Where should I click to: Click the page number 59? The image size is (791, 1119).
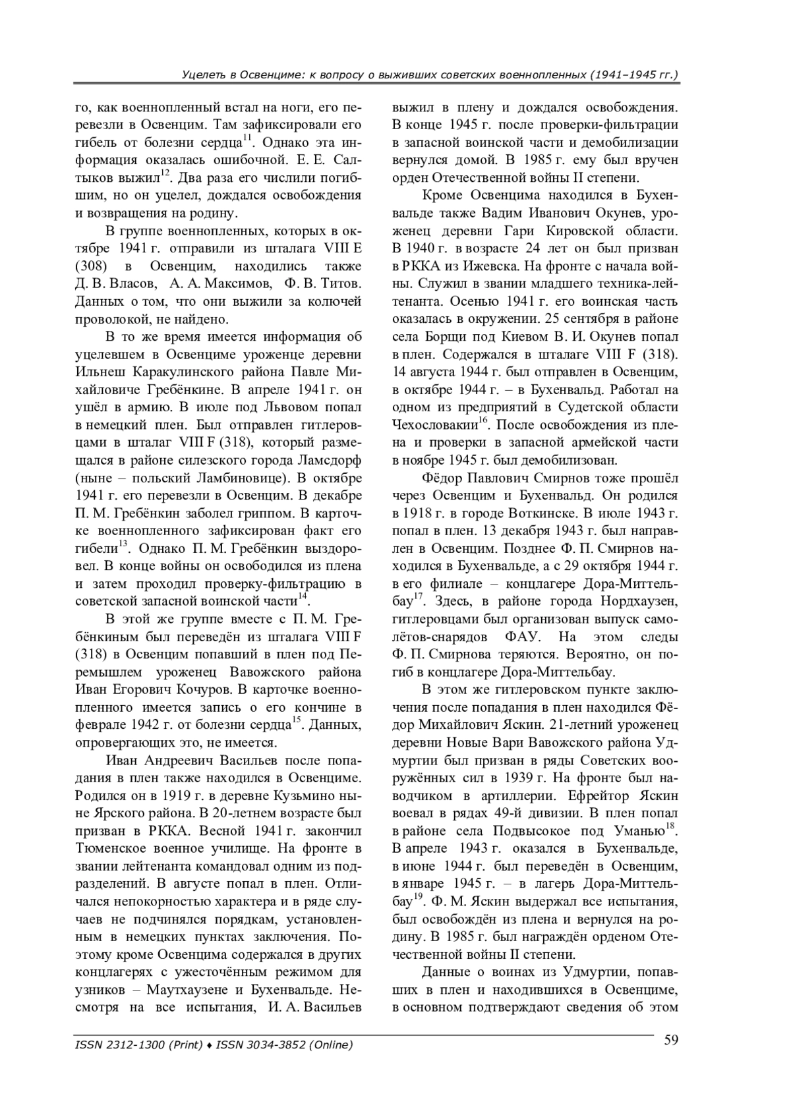[x=671, y=1041]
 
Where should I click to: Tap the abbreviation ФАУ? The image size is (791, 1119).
[x=523, y=637]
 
